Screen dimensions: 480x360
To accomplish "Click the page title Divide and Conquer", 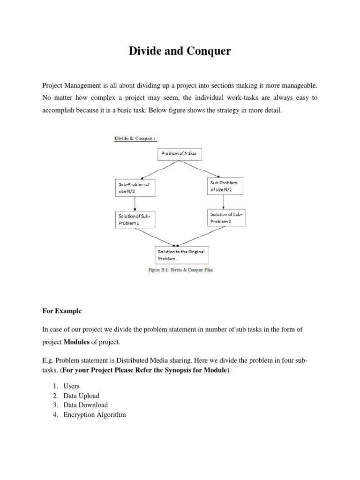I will (x=180, y=51).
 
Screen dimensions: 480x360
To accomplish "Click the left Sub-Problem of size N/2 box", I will (x=135, y=188).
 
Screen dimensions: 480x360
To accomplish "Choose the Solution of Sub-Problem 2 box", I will (x=226, y=217).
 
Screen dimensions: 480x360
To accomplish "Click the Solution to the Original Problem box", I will (x=180, y=255).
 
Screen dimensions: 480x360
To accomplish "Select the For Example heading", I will (x=62, y=311).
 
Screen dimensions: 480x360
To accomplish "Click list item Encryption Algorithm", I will (x=94, y=415).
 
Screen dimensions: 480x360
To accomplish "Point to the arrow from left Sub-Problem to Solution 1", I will (x=135, y=203).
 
